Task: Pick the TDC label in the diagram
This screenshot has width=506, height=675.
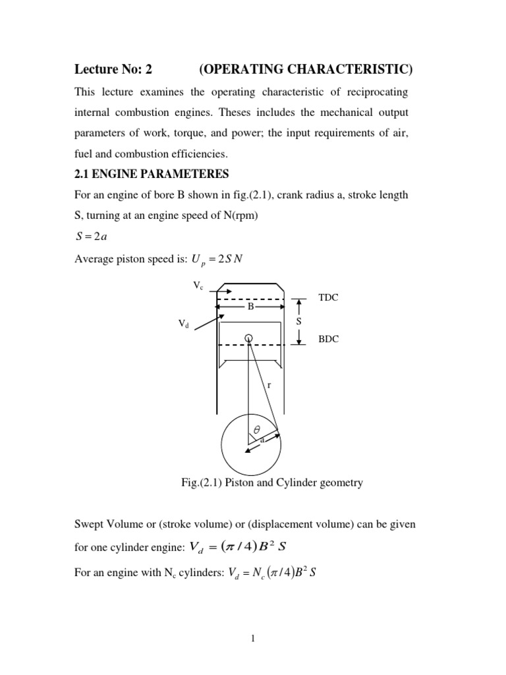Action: pyautogui.click(x=328, y=297)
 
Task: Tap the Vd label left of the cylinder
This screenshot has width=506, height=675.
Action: pyautogui.click(x=183, y=324)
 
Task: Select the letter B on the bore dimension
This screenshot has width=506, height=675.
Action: pyautogui.click(x=250, y=307)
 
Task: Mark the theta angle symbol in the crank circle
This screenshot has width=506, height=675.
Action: pyautogui.click(x=258, y=428)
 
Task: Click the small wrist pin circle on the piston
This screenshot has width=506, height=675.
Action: pyautogui.click(x=248, y=338)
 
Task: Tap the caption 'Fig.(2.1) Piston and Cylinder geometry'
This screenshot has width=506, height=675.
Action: pyautogui.click(x=271, y=483)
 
